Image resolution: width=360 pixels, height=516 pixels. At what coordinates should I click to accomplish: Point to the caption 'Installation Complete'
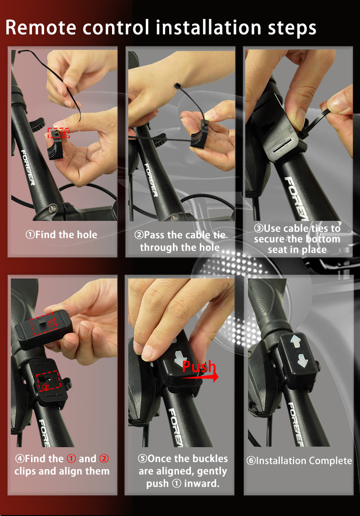(x=299, y=461)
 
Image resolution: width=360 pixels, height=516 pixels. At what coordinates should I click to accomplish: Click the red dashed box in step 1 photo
(x=58, y=133)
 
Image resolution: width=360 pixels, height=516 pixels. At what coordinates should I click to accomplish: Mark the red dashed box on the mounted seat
(x=48, y=381)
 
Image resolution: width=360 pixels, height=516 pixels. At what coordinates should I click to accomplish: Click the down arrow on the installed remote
(x=302, y=361)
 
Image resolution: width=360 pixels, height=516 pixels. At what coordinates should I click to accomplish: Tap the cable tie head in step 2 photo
(x=177, y=86)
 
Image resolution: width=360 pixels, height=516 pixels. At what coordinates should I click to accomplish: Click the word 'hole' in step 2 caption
(x=209, y=247)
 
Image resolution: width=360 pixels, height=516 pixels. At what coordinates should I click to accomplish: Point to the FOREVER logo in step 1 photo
(x=28, y=168)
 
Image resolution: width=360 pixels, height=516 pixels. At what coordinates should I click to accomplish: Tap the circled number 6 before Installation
(x=251, y=461)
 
